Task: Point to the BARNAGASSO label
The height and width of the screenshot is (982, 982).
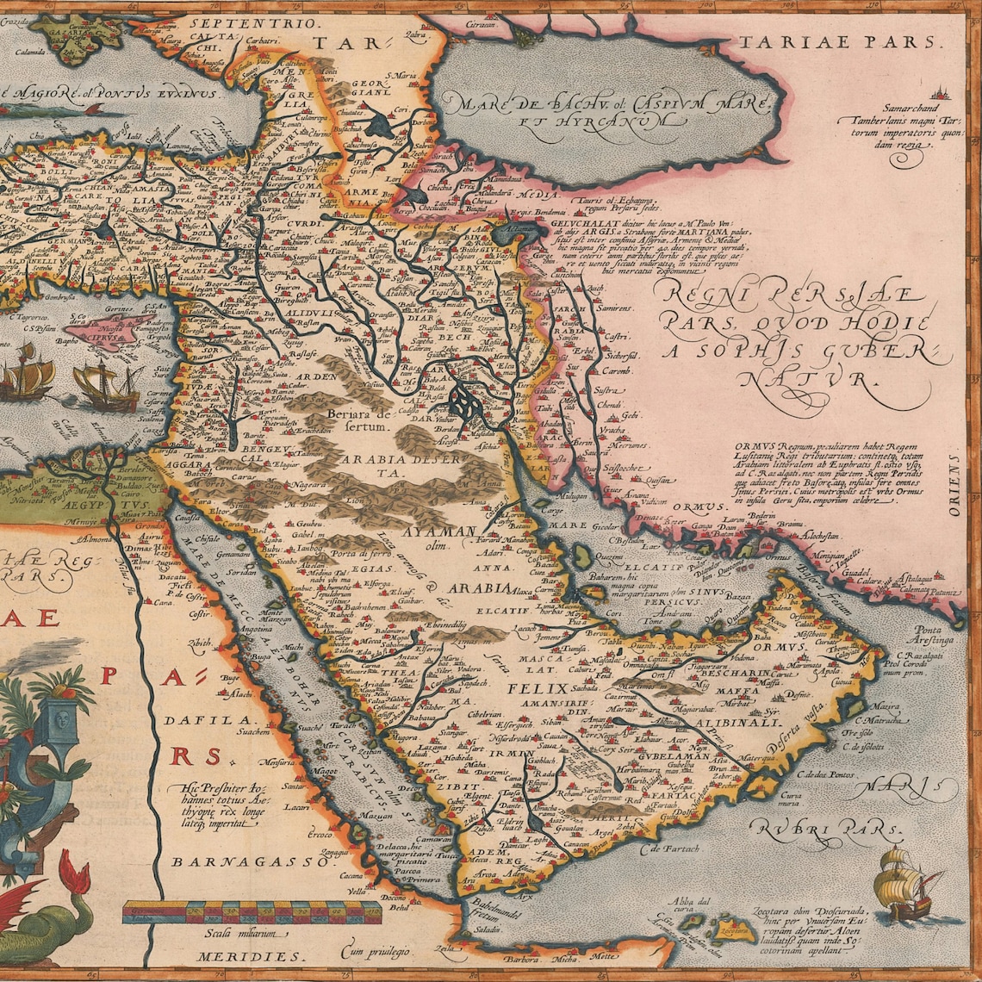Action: point(214,861)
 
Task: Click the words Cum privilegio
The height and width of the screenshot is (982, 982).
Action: point(376,951)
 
